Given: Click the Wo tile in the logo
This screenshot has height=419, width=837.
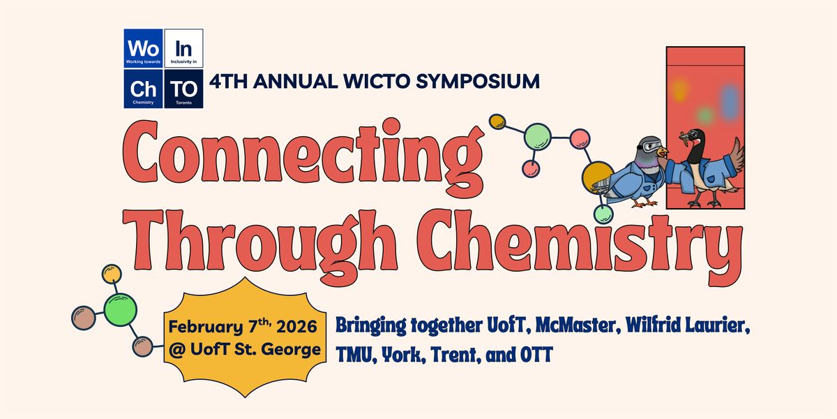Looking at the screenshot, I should (144, 49).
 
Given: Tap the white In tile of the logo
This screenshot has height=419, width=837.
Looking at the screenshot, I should (184, 49).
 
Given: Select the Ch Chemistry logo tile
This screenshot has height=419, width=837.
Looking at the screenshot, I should (144, 89).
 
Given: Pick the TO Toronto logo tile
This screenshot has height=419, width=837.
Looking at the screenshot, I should (184, 89).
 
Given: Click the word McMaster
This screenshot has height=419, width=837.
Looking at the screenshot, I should (539, 326).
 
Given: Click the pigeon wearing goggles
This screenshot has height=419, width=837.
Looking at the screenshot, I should (632, 175).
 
